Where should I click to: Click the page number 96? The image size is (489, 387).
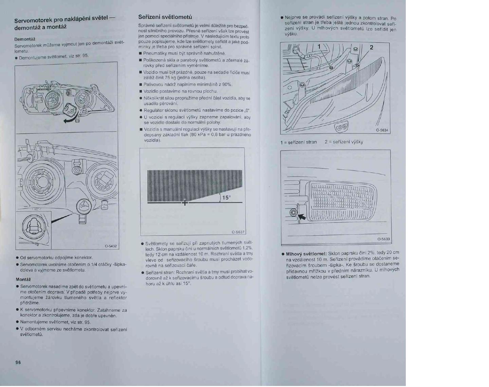pyautogui.click(x=18, y=362)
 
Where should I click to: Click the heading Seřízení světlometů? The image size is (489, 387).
pyautogui.click(x=165, y=17)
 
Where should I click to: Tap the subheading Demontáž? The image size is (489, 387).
pyautogui.click(x=24, y=39)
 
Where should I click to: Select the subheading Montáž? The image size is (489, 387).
pyautogui.click(x=23, y=279)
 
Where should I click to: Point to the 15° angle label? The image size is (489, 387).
pyautogui.click(x=227, y=198)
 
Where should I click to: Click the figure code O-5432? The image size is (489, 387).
pyautogui.click(x=110, y=246)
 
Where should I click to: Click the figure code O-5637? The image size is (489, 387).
pyautogui.click(x=238, y=232)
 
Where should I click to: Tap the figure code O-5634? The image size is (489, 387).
pyautogui.click(x=382, y=130)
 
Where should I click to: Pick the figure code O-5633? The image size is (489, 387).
pyautogui.click(x=383, y=239)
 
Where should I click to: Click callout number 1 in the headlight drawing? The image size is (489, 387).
pyautogui.click(x=319, y=47)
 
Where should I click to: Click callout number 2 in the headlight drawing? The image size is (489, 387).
pyautogui.click(x=371, y=47)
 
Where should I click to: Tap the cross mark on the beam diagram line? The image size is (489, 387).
pyautogui.click(x=184, y=203)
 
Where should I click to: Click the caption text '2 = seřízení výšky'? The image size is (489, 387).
pyautogui.click(x=343, y=142)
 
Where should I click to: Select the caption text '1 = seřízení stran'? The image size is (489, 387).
pyautogui.click(x=298, y=142)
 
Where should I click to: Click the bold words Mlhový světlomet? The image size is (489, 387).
pyautogui.click(x=306, y=254)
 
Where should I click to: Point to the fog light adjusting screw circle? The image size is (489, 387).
pyautogui.click(x=293, y=213)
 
